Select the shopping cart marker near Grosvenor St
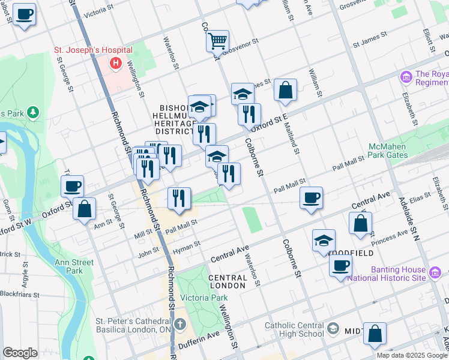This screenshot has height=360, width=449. [x=217, y=41]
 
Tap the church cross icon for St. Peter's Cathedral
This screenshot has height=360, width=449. [x=179, y=325]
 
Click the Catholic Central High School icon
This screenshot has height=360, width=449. [x=333, y=329]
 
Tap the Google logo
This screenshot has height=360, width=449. [x=20, y=353]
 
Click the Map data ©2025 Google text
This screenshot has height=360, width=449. [x=412, y=355]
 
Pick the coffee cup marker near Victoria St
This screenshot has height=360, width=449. [x=24, y=14]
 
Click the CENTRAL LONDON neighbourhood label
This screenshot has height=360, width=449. [x=228, y=282]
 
